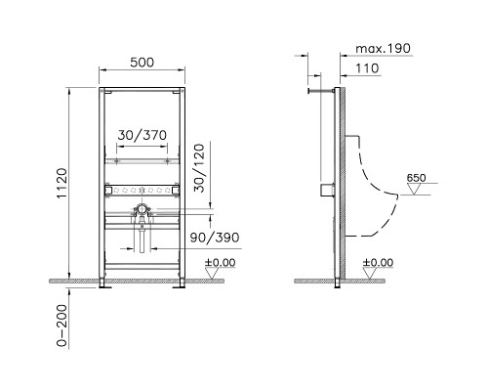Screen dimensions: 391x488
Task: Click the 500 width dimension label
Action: tap(143, 61)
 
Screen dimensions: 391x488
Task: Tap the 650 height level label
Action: tap(416, 179)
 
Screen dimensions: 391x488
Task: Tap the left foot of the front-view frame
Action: tap(105, 284)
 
